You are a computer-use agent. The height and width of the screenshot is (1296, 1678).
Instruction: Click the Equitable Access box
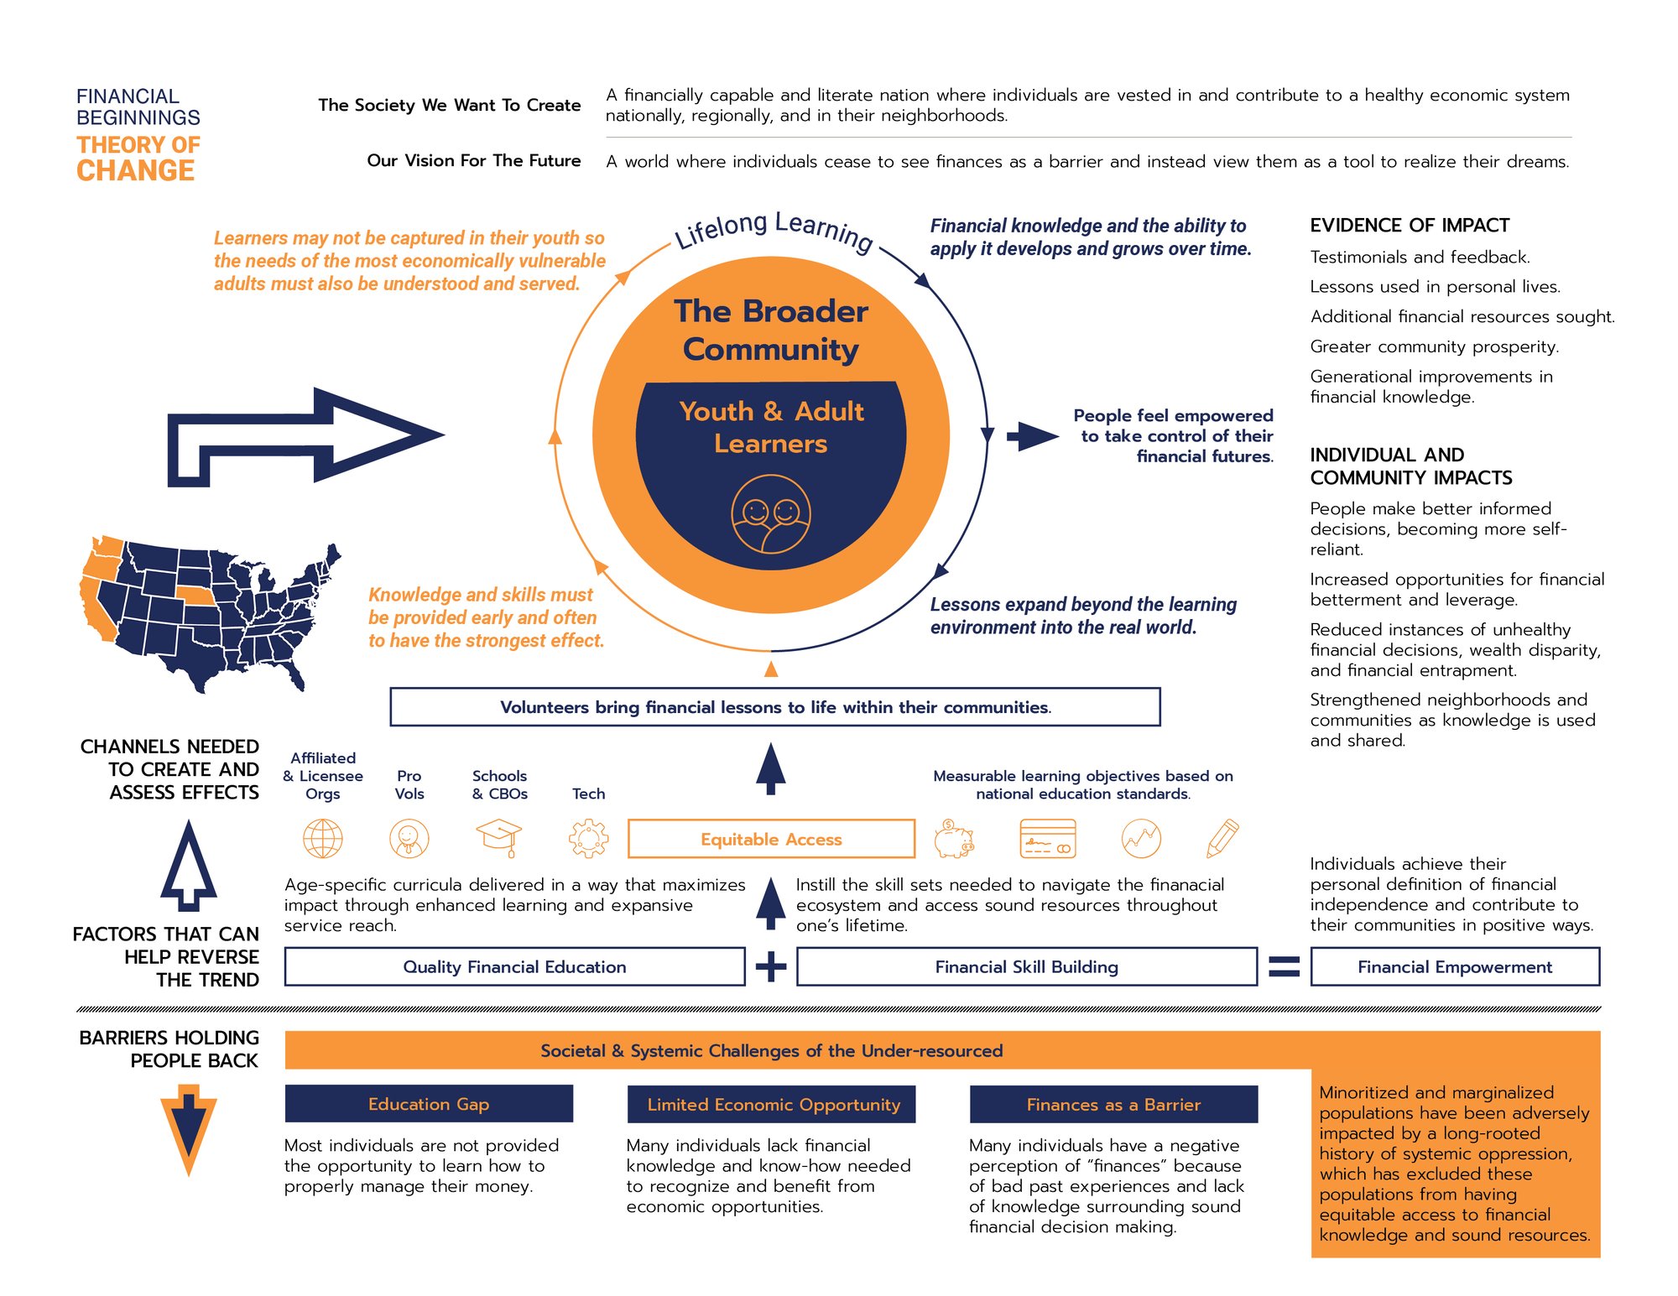click(771, 839)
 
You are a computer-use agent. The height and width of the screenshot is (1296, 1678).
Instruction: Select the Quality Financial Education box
click(514, 966)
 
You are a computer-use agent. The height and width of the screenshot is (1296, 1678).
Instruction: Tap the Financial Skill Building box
click(1026, 966)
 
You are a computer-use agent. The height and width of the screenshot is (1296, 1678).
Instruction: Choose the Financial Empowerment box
click(1455, 966)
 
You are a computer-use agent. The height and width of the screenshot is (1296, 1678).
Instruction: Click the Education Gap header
click(429, 1104)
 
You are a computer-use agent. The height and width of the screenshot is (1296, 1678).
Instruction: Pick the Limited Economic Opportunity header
click(771, 1104)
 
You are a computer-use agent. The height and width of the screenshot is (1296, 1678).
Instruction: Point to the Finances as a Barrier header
click(1113, 1104)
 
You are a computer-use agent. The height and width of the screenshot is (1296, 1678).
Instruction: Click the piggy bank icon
click(954, 839)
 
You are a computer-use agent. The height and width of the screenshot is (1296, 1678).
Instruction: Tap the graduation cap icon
click(498, 837)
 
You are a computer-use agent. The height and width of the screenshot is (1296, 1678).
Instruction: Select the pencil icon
click(1222, 838)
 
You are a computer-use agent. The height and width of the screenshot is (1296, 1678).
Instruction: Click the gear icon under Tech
click(588, 838)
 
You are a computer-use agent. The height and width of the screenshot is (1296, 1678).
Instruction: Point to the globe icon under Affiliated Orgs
click(323, 838)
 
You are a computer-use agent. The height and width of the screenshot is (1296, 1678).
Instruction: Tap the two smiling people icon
click(770, 514)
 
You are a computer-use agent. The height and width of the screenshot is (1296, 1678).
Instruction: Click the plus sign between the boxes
click(771, 966)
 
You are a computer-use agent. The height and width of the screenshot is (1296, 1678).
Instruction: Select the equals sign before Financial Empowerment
click(1284, 966)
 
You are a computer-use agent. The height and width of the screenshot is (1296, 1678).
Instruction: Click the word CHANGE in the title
click(136, 171)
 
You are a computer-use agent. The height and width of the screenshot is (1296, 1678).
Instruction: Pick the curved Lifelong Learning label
click(774, 229)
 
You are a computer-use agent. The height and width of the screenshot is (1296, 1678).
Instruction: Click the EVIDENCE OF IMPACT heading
click(1410, 225)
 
